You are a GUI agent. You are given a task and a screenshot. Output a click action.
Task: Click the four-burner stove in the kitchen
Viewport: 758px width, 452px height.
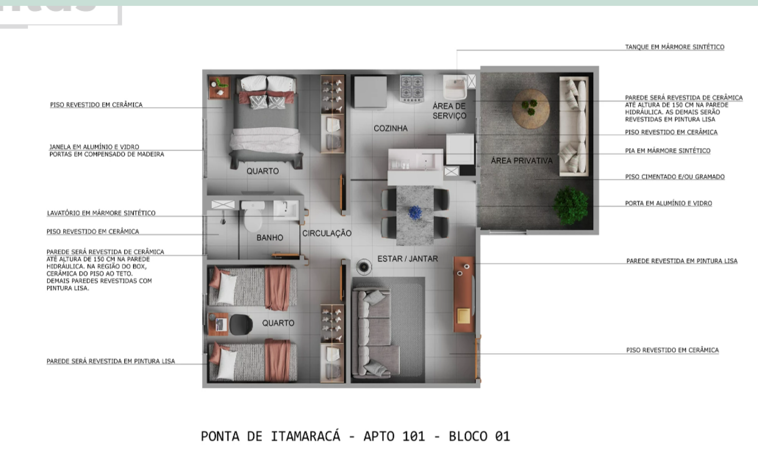[x=412, y=88]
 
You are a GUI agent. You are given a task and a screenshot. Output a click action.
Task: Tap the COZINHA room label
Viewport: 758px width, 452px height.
[x=390, y=128]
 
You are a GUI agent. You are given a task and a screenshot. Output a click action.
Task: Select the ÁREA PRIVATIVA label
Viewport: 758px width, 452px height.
[x=522, y=161]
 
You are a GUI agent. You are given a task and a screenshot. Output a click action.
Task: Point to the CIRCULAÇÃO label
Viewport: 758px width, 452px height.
[x=327, y=233]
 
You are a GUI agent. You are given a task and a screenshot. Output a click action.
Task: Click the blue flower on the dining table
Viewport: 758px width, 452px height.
[x=415, y=212]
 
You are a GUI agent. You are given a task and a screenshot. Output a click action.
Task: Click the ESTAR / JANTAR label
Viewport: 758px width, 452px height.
[x=407, y=259]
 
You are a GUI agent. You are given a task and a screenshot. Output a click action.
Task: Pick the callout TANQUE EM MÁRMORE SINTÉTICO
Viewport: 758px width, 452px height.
[x=674, y=47]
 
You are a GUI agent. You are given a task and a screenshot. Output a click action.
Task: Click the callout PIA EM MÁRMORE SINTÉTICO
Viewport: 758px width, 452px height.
[x=668, y=151]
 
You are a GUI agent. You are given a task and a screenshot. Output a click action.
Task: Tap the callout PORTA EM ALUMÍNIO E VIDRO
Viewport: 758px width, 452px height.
[x=668, y=203]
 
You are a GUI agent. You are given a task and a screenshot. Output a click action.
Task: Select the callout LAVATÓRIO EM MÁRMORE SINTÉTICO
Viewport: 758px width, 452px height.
[x=101, y=213]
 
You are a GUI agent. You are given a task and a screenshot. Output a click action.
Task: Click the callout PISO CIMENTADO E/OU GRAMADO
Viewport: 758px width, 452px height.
[x=675, y=177]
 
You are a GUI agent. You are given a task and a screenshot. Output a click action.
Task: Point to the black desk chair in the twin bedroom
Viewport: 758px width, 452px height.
[x=240, y=324]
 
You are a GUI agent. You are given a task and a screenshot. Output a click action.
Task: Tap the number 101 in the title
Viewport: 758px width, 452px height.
[x=414, y=436]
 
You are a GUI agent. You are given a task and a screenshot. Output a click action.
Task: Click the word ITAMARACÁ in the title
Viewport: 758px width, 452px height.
[x=305, y=436]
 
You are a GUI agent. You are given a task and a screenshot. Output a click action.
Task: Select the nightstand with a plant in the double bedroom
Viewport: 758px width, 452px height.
[x=219, y=88]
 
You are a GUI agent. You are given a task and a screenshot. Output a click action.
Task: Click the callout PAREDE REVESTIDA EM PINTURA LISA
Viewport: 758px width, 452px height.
[x=682, y=261]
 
